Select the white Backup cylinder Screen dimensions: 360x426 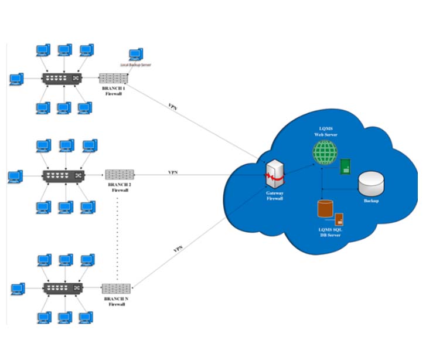(x=372, y=184)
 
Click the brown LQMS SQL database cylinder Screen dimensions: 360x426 (x=324, y=210)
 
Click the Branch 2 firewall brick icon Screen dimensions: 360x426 (x=120, y=174)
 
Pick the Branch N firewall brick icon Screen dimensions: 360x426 (x=115, y=288)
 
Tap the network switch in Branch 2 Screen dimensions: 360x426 (x=63, y=175)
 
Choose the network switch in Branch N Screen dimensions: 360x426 (x=63, y=288)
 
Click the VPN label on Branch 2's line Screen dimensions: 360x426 (x=173, y=172)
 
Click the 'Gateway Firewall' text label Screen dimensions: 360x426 (x=274, y=196)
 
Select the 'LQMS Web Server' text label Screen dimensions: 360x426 (x=325, y=132)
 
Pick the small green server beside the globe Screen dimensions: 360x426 (x=346, y=167)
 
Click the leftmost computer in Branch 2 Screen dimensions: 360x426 (x=15, y=175)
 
